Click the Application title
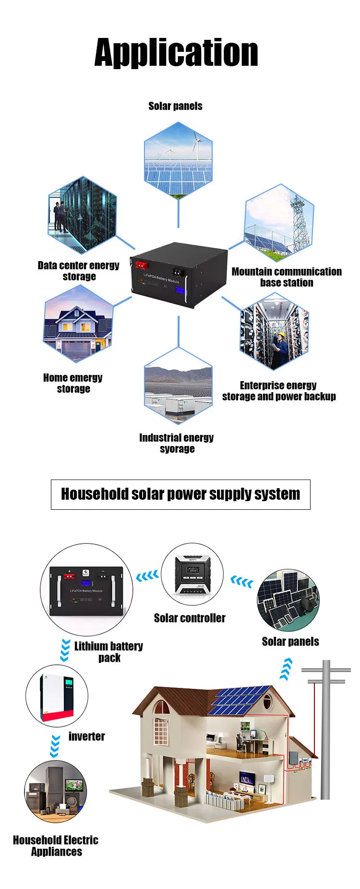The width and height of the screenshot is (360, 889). click(176, 53)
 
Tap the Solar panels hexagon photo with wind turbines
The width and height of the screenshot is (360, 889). click(178, 159)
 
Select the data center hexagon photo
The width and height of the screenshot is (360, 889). click(82, 215)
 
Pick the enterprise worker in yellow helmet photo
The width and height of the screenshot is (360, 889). click(274, 332)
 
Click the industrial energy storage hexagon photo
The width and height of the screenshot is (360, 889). click(178, 386)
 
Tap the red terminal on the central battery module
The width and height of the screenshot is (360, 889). click(142, 265)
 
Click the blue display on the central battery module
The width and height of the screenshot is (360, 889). click(181, 291)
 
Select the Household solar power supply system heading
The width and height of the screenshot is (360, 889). click(180, 494)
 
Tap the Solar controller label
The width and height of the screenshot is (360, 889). click(190, 618)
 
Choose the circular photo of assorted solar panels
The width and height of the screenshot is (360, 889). click(288, 600)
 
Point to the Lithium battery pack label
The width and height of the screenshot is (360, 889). click(108, 651)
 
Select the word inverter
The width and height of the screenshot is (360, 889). click(86, 736)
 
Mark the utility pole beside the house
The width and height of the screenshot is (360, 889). click(325, 730)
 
